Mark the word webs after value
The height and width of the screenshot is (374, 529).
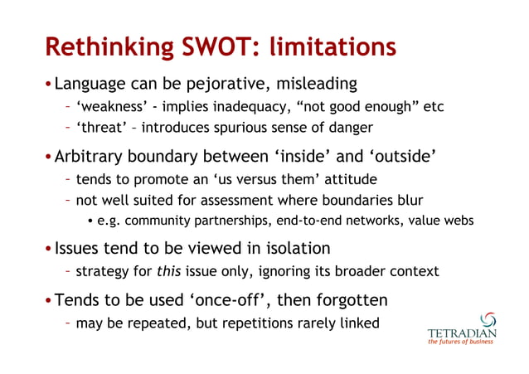click(x=457, y=220)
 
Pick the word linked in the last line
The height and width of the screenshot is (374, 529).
click(x=357, y=322)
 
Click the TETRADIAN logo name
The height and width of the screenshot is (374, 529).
click(x=462, y=335)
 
